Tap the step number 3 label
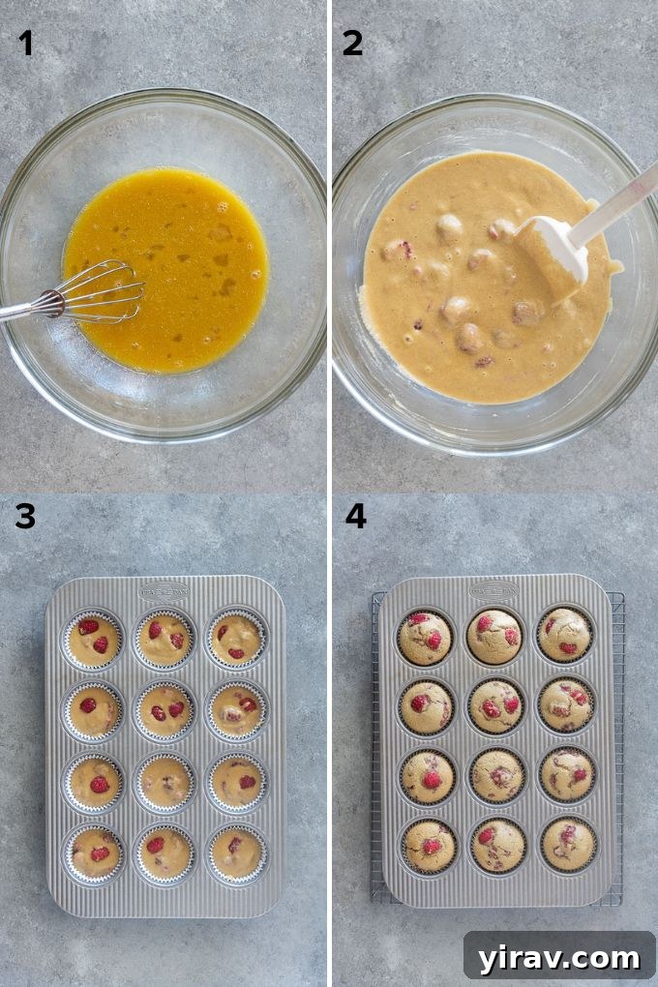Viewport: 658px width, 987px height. pyautogui.click(x=25, y=517)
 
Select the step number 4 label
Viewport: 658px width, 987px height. pyautogui.click(x=355, y=517)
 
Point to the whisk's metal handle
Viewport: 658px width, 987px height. pyautogui.click(x=19, y=311)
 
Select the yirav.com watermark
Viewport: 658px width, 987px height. pyautogui.click(x=559, y=958)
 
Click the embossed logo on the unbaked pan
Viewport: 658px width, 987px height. pyautogui.click(x=164, y=590)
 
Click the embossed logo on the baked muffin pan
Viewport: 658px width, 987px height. pyautogui.click(x=494, y=588)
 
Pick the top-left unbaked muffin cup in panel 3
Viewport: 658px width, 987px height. pyautogui.click(x=94, y=640)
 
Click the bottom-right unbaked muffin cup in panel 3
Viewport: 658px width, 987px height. pyautogui.click(x=236, y=852)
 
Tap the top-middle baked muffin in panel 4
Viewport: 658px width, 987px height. pyautogui.click(x=495, y=636)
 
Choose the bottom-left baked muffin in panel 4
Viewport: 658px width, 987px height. pyautogui.click(x=426, y=846)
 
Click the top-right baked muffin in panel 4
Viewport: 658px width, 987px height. pyautogui.click(x=565, y=635)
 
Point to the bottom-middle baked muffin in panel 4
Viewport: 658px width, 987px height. pyautogui.click(x=496, y=845)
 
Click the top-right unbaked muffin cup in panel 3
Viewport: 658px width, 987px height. pyautogui.click(x=236, y=640)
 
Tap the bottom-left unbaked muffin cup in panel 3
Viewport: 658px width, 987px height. pyautogui.click(x=94, y=852)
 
